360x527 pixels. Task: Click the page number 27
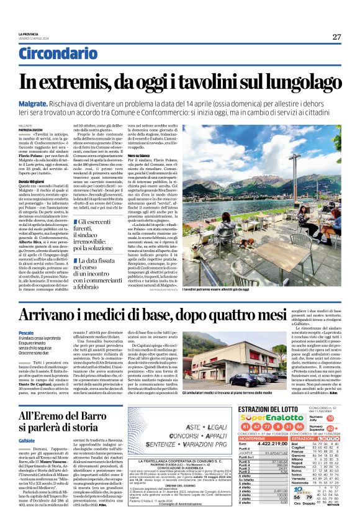(x=336, y=36)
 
